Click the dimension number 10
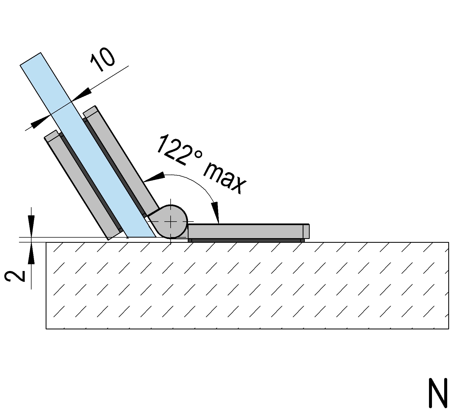pyautogui.click(x=103, y=61)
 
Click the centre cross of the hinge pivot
pyautogui.click(x=171, y=222)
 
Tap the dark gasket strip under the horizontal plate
pyautogui.click(x=246, y=241)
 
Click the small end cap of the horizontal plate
pyautogui.click(x=306, y=231)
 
